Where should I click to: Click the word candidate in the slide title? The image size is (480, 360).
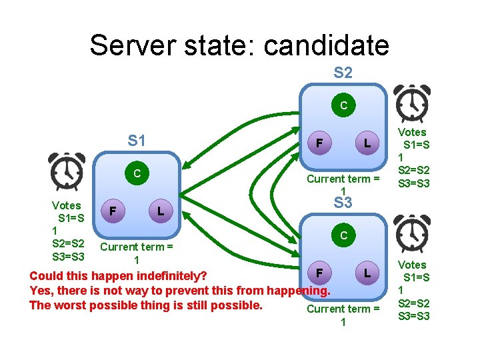click(326, 45)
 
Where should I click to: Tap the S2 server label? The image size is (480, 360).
click(343, 72)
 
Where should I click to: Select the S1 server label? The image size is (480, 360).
click(137, 141)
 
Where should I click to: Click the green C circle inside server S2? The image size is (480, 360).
click(343, 105)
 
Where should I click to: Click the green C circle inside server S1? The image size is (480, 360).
click(137, 173)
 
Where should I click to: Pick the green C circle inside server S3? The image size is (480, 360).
click(343, 235)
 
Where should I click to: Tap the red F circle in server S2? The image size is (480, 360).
click(320, 143)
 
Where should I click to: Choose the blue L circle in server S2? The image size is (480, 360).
click(367, 143)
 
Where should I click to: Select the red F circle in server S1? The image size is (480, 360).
click(113, 211)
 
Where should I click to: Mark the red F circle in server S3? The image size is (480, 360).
click(320, 273)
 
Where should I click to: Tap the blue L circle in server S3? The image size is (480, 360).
click(367, 273)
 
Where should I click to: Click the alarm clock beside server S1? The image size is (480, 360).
click(67, 171)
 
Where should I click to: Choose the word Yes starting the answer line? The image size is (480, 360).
click(39, 291)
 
